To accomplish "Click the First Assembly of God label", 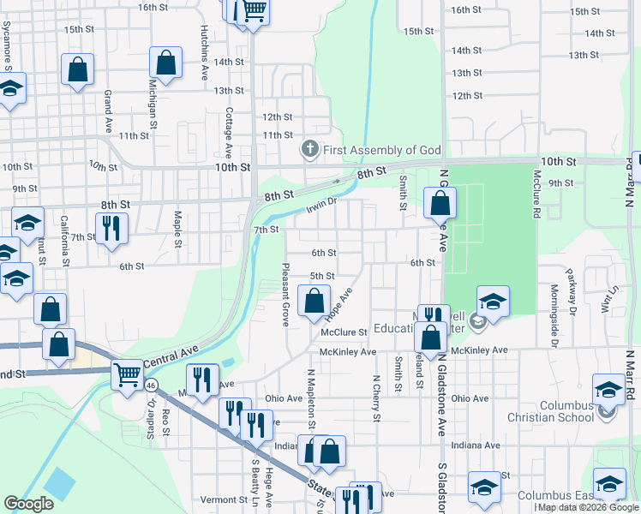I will [x=381, y=150].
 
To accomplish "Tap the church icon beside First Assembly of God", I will [x=309, y=150].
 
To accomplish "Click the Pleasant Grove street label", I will [x=285, y=294].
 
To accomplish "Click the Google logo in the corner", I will [x=28, y=504].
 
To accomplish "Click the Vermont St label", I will [x=224, y=499].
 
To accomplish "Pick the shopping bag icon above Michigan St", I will [x=165, y=62].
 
